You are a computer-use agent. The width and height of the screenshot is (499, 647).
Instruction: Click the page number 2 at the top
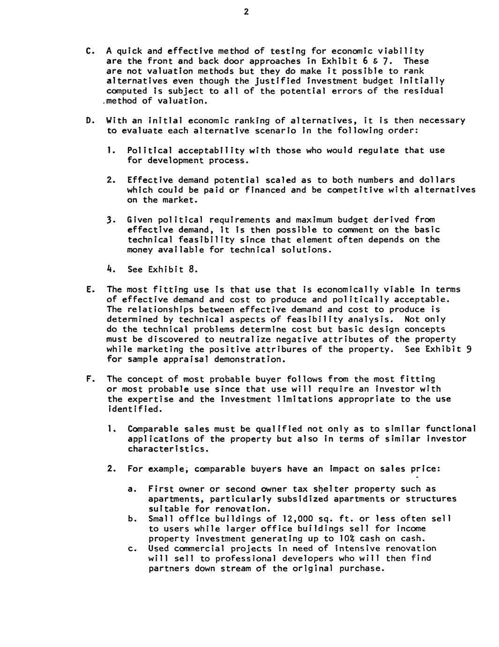click(246, 12)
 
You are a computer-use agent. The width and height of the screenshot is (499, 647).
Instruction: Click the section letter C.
click(89, 51)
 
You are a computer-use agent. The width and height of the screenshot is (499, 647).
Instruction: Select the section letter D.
click(89, 120)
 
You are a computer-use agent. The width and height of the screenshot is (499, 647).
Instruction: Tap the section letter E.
click(89, 290)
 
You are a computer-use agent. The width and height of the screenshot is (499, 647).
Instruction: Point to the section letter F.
click(89, 379)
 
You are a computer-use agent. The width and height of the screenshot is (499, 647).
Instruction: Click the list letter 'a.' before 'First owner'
click(132, 489)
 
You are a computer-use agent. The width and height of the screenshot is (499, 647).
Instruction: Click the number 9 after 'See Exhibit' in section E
click(469, 350)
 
